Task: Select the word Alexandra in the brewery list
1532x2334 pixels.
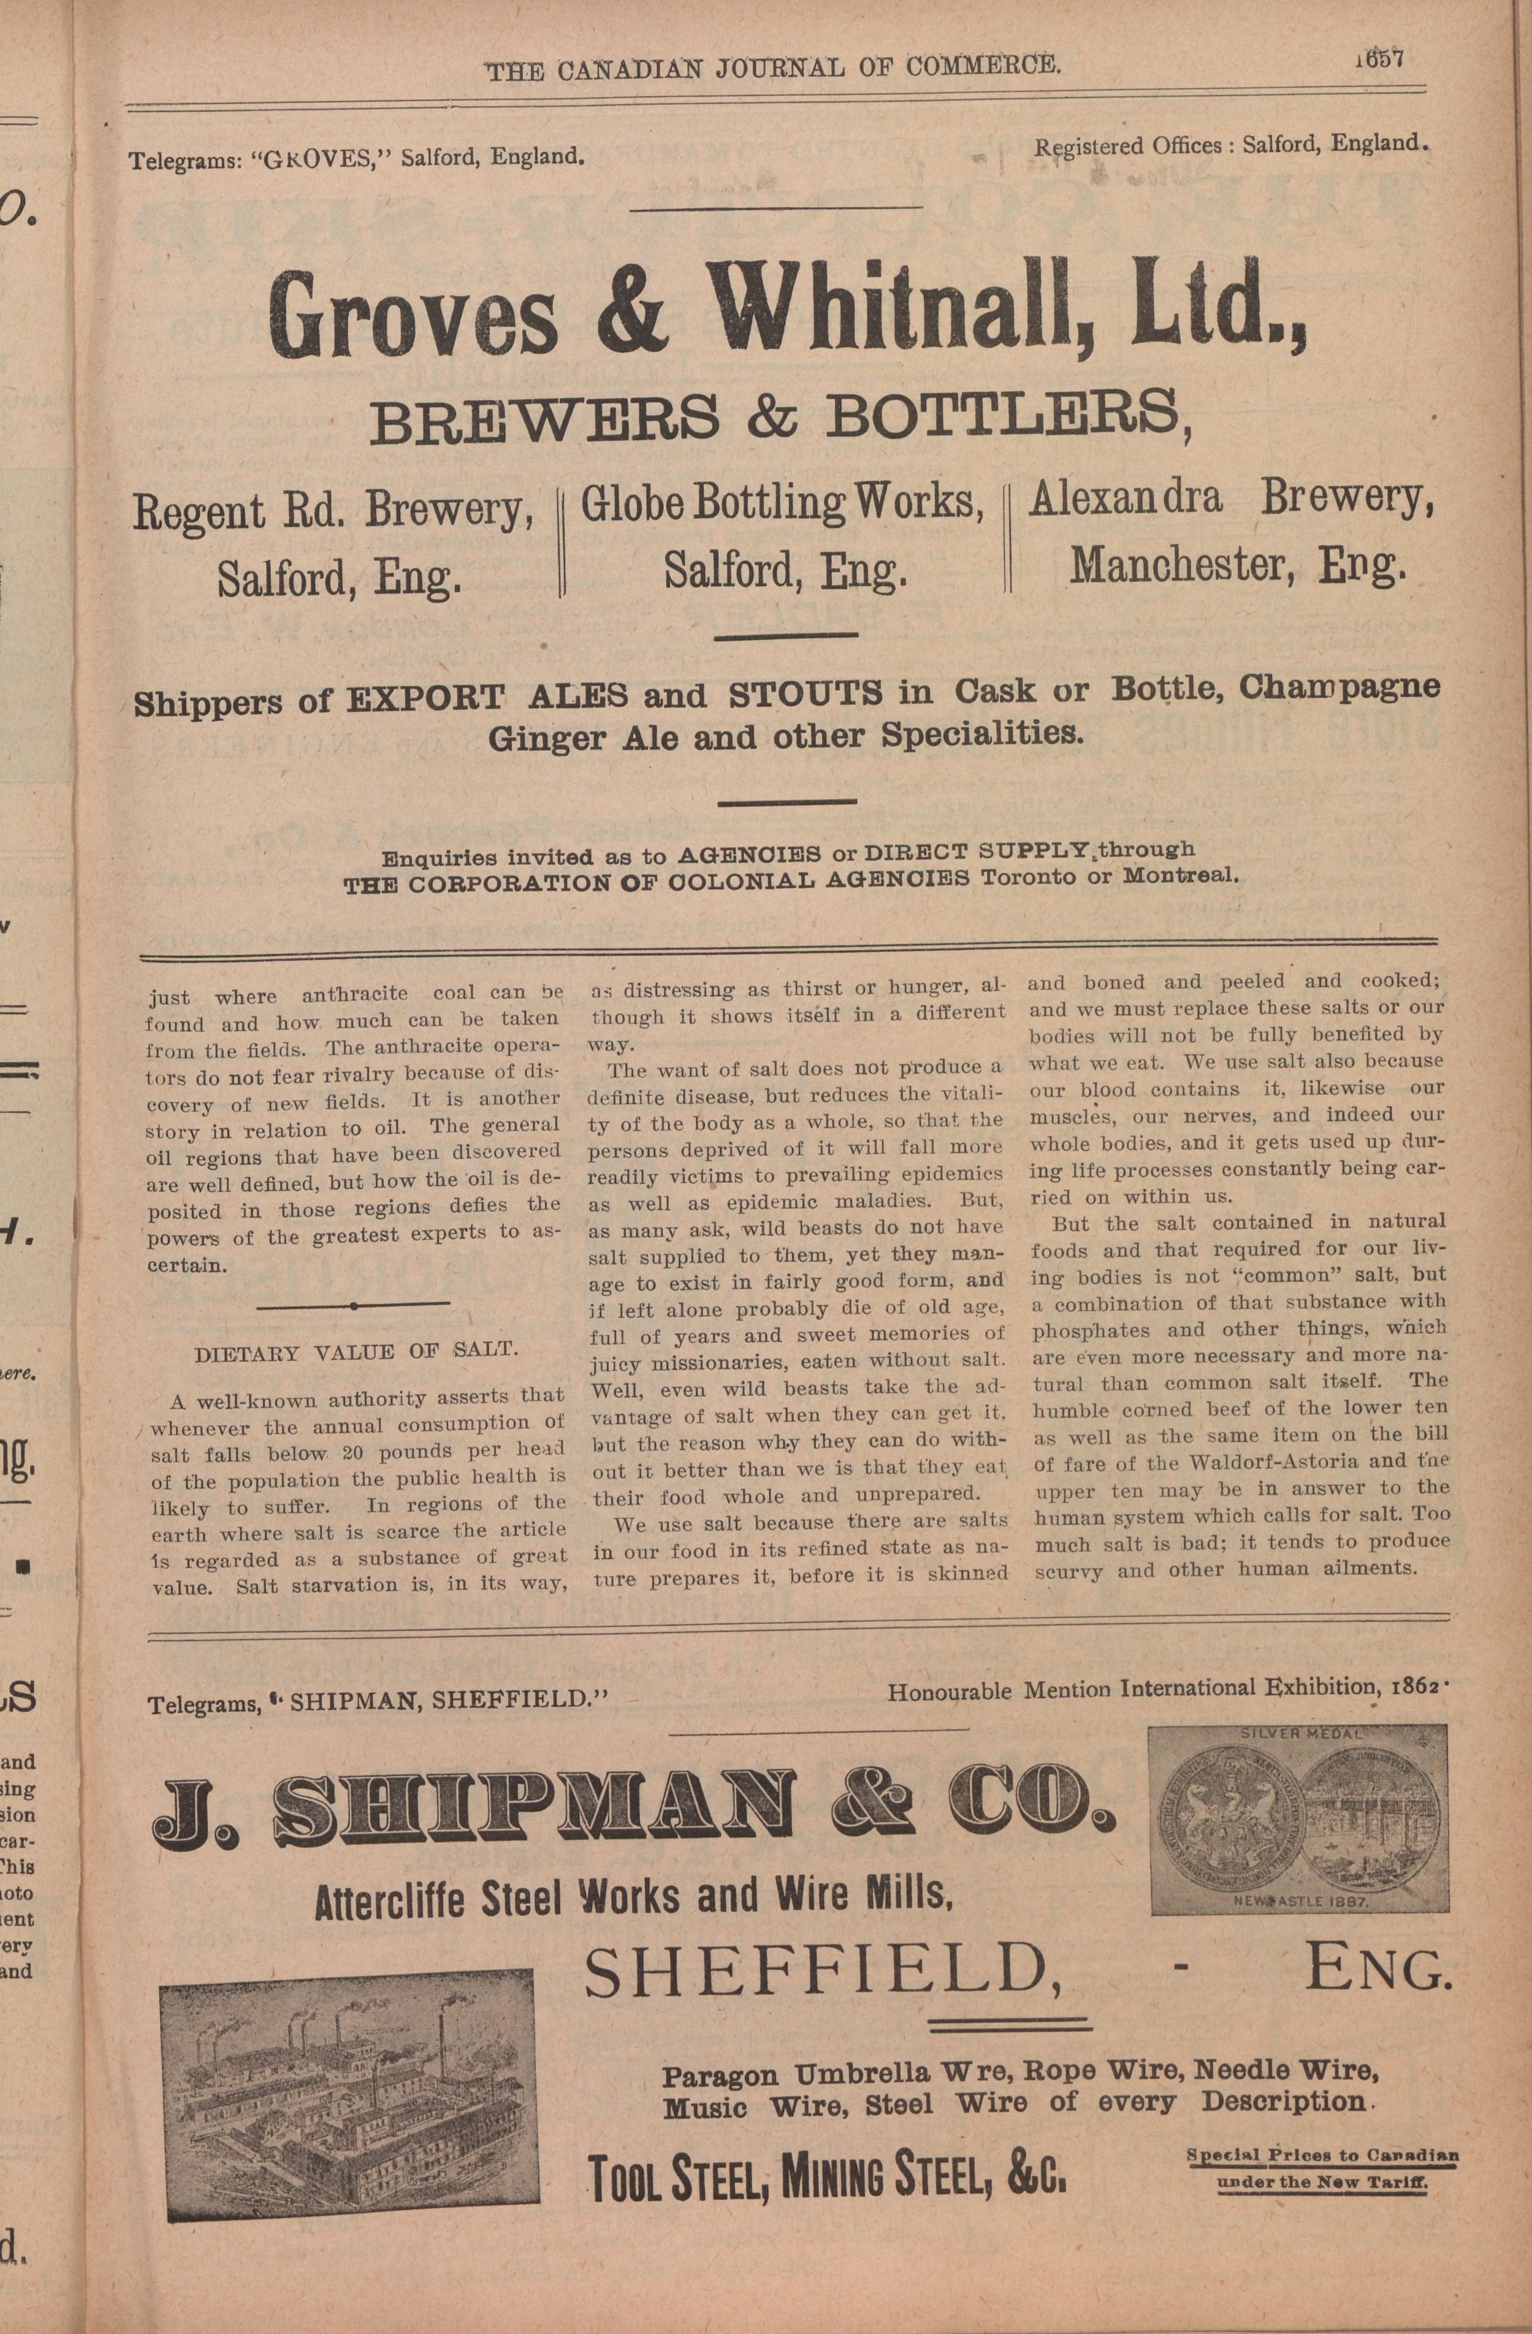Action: point(1125,498)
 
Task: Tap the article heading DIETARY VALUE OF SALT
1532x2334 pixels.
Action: point(357,1351)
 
